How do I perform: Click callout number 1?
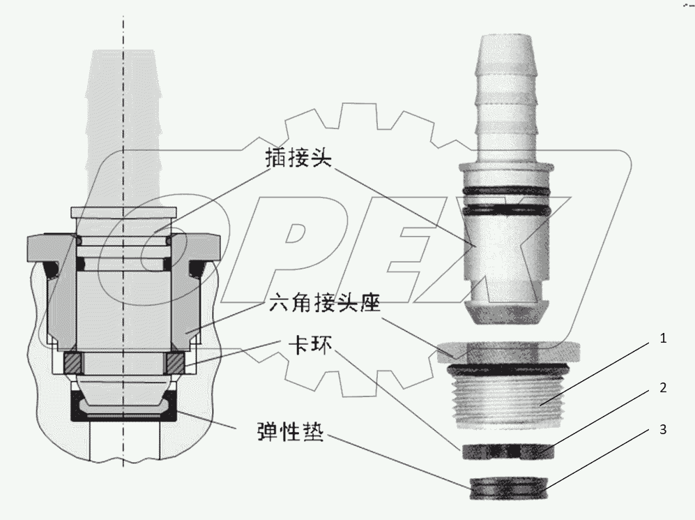[664, 339]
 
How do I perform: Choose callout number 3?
[664, 430]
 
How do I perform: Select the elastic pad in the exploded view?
[507, 487]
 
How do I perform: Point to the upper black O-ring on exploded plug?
[507, 190]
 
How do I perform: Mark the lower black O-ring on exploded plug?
[507, 208]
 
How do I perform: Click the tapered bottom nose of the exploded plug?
[507, 311]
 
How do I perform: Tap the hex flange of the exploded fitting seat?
[507, 348]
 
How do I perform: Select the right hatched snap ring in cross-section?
[175, 362]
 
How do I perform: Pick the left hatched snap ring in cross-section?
[72, 362]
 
